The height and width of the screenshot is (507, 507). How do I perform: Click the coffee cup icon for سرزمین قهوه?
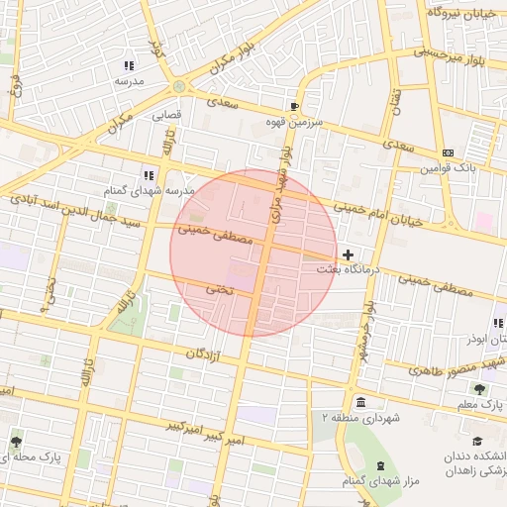click(x=294, y=106)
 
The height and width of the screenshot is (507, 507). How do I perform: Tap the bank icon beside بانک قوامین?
click(x=449, y=152)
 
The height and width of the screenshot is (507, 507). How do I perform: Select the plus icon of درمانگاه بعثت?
click(x=348, y=254)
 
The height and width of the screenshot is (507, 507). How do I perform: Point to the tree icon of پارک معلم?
click(x=480, y=389)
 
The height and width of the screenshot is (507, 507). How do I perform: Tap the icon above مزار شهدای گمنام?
click(x=380, y=466)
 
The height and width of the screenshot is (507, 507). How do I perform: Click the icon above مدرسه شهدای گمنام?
click(x=149, y=175)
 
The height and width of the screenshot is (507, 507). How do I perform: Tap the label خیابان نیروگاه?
click(x=466, y=13)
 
